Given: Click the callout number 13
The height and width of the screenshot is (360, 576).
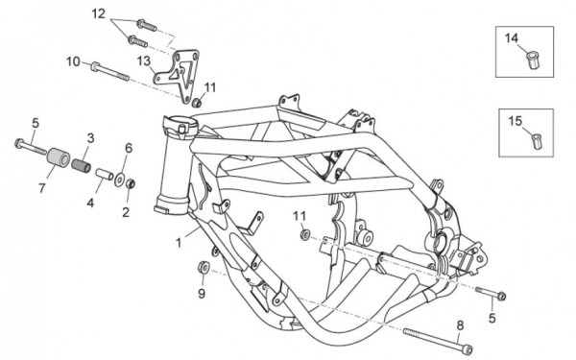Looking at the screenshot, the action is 144,60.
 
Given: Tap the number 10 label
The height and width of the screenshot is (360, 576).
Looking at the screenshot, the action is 73,61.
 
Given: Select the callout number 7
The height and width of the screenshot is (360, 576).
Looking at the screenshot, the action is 42,188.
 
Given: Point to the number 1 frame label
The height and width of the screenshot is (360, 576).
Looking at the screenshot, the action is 179,243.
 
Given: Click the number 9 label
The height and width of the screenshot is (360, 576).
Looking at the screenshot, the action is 202,294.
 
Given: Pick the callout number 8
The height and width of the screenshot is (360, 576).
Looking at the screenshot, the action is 460,325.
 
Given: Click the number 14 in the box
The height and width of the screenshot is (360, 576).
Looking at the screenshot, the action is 511,37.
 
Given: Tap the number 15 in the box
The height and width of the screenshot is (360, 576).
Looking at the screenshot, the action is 515,121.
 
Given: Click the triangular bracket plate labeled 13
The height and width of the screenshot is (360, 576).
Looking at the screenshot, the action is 177,75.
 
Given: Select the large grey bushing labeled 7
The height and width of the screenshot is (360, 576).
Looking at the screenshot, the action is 59,157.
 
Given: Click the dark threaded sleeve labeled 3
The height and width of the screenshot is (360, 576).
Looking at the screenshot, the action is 81,165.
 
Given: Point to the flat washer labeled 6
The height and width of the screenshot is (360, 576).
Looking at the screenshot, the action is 119,179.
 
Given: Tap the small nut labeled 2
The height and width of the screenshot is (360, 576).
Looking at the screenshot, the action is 130,183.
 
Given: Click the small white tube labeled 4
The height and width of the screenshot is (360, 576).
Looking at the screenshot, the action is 105,174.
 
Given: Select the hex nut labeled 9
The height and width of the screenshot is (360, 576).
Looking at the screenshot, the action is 204,267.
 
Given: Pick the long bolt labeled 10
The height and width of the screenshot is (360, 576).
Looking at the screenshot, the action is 109,71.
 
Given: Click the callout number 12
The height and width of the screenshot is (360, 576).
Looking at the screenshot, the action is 99,14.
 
